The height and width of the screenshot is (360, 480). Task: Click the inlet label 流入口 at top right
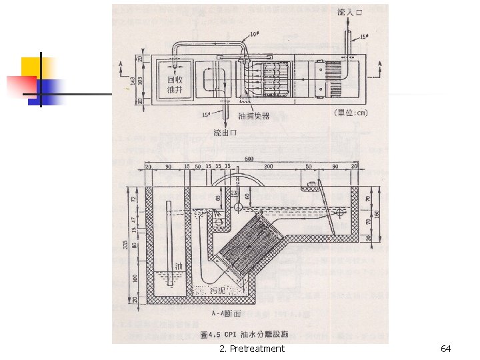click(x=350, y=13)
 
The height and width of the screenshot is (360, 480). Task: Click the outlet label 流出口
click(x=225, y=133)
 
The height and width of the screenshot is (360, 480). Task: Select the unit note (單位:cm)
click(x=350, y=113)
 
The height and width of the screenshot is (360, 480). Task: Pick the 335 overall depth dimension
click(x=126, y=245)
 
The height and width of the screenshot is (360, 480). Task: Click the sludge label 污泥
click(x=217, y=291)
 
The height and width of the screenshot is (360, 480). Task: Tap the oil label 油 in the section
click(x=178, y=266)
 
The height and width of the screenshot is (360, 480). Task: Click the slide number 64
click(x=446, y=349)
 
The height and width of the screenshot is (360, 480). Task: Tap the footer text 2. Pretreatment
click(x=251, y=349)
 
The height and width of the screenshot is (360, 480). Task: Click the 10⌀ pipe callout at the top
click(x=255, y=33)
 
